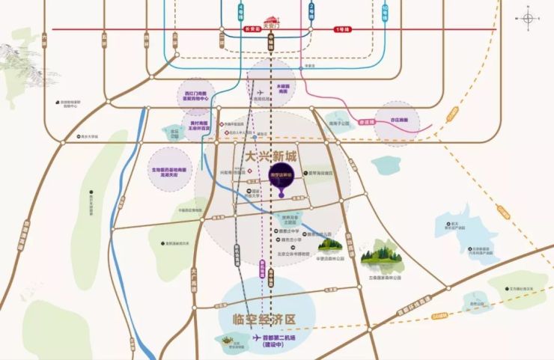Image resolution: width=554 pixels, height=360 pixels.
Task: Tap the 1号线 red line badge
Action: pyautogui.click(x=342, y=29)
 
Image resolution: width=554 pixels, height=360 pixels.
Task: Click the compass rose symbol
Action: pyautogui.click(x=530, y=19)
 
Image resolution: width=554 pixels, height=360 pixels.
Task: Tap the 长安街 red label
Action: pyautogui.click(x=252, y=29)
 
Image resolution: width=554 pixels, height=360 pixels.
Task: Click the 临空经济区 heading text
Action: pyautogui.click(x=261, y=317)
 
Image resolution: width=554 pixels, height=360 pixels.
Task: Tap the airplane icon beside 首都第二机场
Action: pyautogui.click(x=256, y=338)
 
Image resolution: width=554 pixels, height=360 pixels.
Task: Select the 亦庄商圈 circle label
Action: pyautogui.click(x=397, y=120)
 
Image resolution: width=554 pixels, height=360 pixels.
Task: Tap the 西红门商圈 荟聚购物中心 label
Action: pyautogui.click(x=196, y=97)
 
